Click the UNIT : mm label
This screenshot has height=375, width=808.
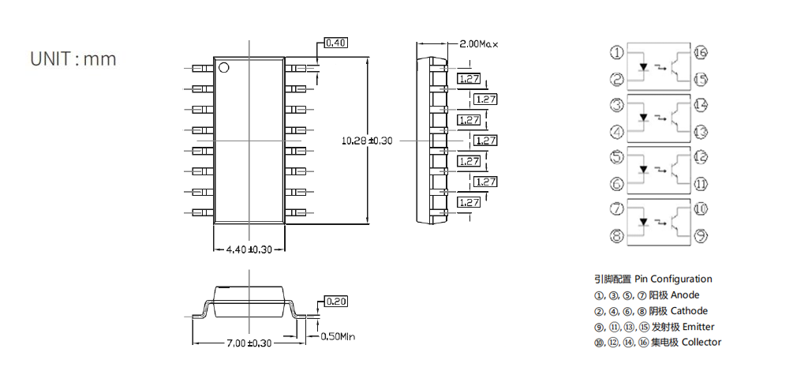73,58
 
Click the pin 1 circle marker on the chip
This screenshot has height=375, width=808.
223,67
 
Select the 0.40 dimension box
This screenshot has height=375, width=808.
335,43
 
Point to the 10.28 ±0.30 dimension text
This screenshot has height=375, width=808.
367,141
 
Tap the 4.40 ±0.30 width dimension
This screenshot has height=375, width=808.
249,249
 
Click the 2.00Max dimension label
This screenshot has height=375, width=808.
479,44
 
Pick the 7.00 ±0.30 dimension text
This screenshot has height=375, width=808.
249,343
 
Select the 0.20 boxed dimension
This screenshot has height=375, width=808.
336,302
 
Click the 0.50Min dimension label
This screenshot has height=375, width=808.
338,337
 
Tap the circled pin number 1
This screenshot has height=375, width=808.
617,52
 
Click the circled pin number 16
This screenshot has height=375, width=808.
701,52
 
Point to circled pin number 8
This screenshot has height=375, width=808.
617,236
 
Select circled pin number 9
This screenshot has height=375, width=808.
701,236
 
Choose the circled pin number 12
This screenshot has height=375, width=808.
701,157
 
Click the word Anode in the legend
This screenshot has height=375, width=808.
685,295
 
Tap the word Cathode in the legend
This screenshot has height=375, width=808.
689,311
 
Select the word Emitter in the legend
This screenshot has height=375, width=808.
698,327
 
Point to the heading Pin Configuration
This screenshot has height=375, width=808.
674,279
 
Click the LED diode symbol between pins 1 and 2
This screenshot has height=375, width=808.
643,67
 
